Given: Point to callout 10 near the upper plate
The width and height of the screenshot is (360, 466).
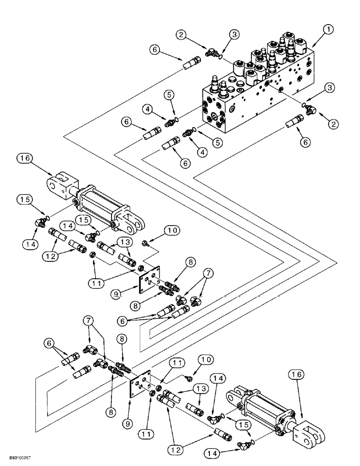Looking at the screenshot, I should point(171,230).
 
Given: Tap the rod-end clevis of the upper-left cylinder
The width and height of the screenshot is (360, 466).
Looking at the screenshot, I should point(61,183).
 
